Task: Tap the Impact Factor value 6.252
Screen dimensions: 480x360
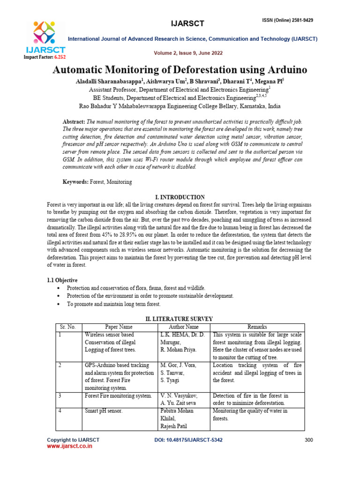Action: coord(60,57)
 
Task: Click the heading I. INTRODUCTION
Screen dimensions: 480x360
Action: coord(180,197)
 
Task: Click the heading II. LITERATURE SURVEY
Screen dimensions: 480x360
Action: coord(180,319)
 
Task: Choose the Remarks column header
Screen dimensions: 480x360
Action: coord(257,327)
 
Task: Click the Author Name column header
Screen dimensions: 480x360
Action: coord(184,327)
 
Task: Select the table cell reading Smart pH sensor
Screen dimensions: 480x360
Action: coord(104,411)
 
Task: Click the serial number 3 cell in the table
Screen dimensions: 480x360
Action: coord(60,396)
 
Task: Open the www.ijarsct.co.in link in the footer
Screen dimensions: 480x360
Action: coord(69,447)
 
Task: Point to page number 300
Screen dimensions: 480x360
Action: coord(308,440)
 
